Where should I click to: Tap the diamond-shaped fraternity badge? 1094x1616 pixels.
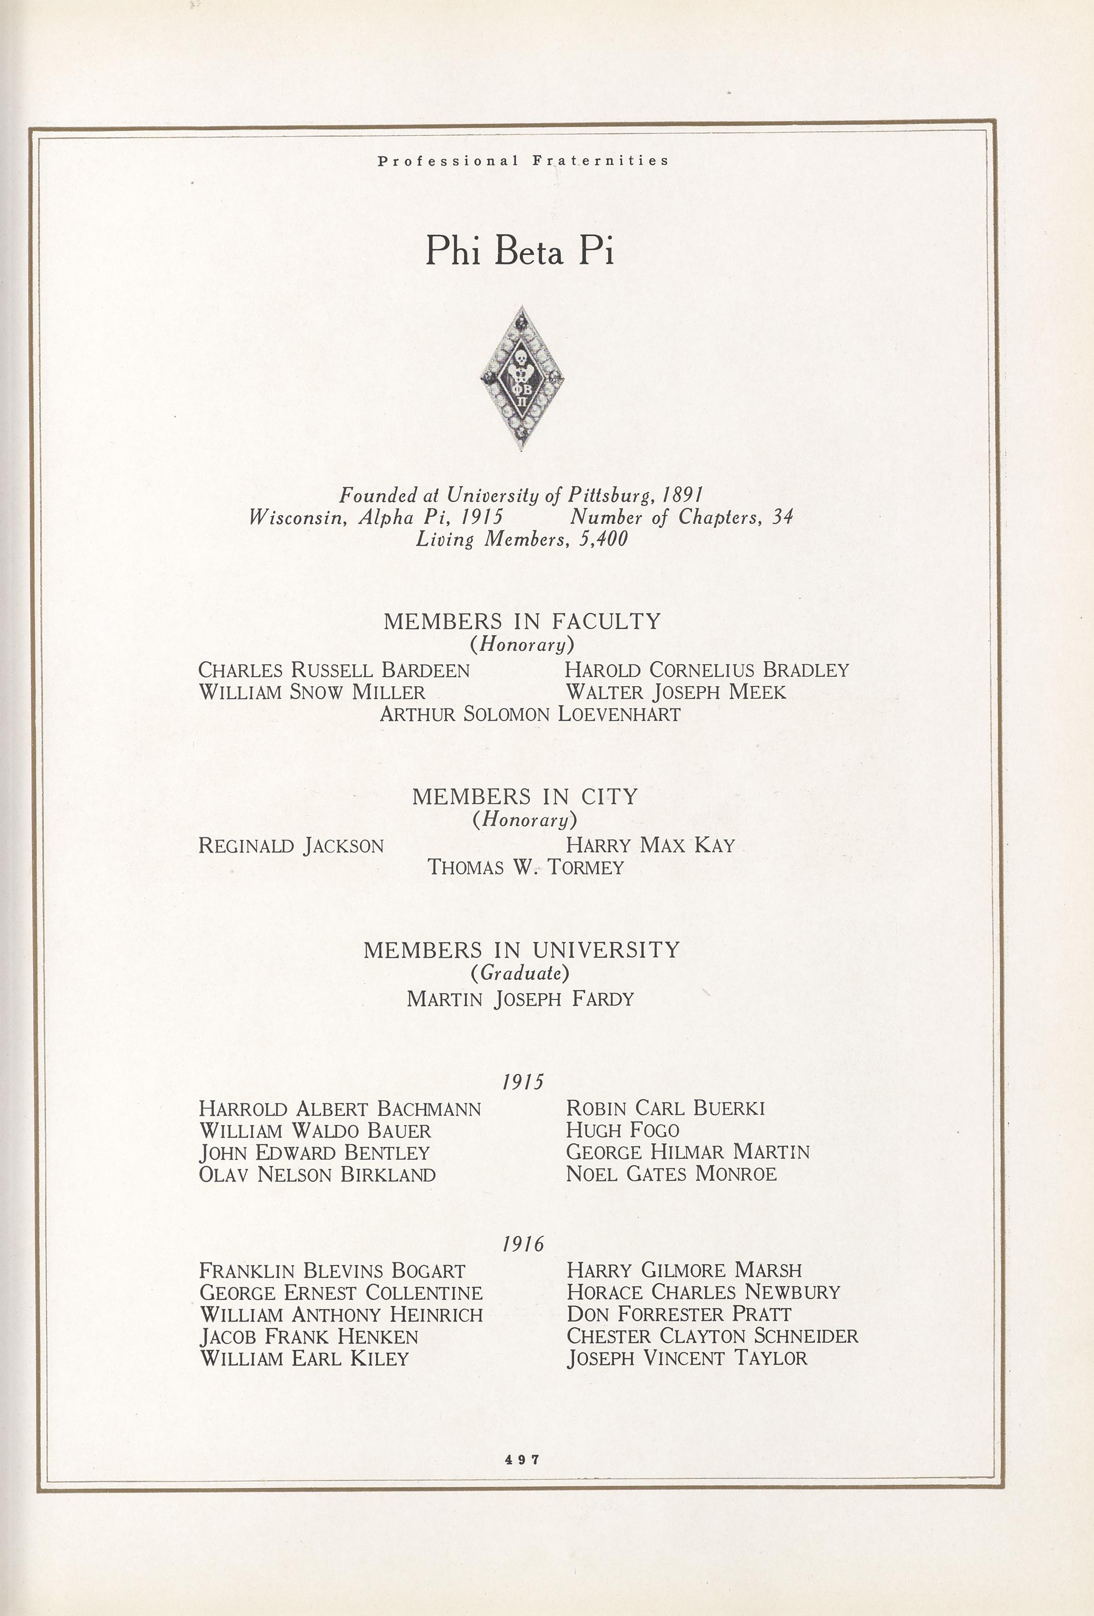521,379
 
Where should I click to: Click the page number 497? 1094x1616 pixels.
522,1460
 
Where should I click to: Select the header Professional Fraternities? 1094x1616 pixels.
523,161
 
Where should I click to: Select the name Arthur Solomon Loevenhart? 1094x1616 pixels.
529,714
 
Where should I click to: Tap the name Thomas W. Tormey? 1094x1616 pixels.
525,867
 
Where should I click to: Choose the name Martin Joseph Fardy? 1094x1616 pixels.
520,999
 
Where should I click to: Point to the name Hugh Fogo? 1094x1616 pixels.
622,1130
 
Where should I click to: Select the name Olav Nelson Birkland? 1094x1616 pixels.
317,1175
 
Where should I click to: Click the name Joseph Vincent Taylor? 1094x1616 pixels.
687,1358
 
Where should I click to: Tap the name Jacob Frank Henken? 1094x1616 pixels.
309,1336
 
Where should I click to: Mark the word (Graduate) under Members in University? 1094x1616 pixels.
520,973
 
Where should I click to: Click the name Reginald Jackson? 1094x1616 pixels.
291,846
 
